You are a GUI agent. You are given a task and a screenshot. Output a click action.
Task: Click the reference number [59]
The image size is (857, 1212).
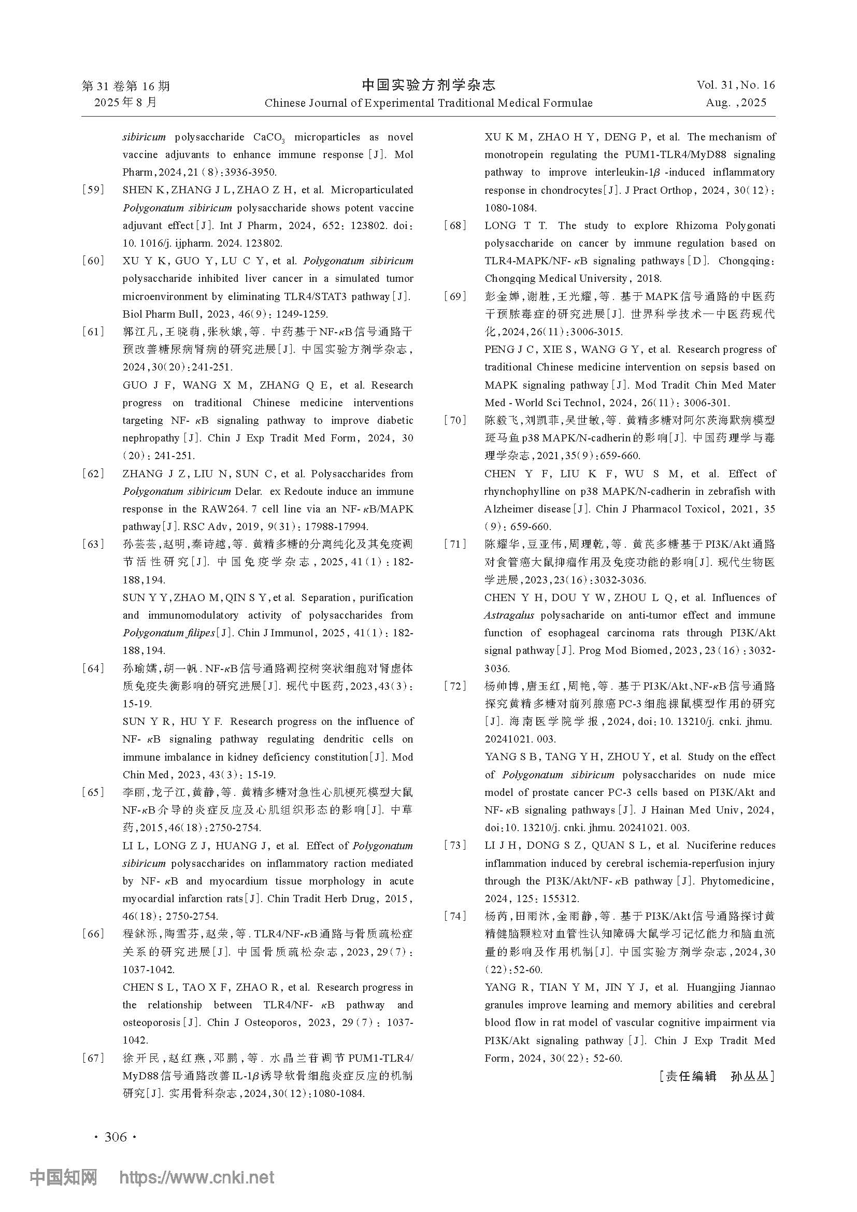93,190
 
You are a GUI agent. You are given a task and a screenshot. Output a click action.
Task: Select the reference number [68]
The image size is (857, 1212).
455,226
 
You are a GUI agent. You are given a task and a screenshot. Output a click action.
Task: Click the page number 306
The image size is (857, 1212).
116,1137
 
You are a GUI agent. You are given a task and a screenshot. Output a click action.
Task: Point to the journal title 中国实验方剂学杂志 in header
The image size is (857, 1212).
428,84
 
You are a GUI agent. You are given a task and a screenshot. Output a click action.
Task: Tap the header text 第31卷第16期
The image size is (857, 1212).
126,85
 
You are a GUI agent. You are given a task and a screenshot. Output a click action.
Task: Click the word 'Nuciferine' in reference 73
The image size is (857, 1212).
712,846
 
